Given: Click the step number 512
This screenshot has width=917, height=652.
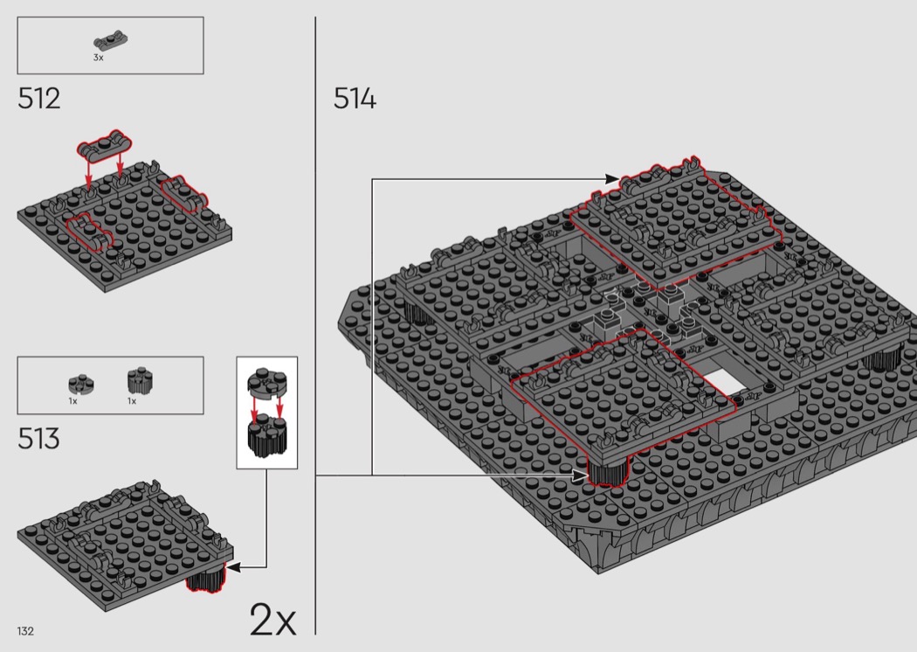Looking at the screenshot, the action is tap(38, 99).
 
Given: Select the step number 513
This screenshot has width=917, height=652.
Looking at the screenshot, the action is tap(38, 439).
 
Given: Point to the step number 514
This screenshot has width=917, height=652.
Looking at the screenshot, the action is tap(355, 99).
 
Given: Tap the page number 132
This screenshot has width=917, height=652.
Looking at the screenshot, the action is tap(25, 631).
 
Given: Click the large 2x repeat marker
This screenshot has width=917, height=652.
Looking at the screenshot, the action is tap(272, 619).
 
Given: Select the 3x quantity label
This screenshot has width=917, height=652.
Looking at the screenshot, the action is tap(98, 58).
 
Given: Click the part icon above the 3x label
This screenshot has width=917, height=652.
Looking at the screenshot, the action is tap(111, 40).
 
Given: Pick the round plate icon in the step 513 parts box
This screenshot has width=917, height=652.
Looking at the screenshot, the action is tap(81, 385).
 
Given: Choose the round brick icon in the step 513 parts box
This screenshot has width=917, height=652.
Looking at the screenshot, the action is tap(141, 381).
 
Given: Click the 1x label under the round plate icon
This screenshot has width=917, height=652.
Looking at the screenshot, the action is tap(72, 401).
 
